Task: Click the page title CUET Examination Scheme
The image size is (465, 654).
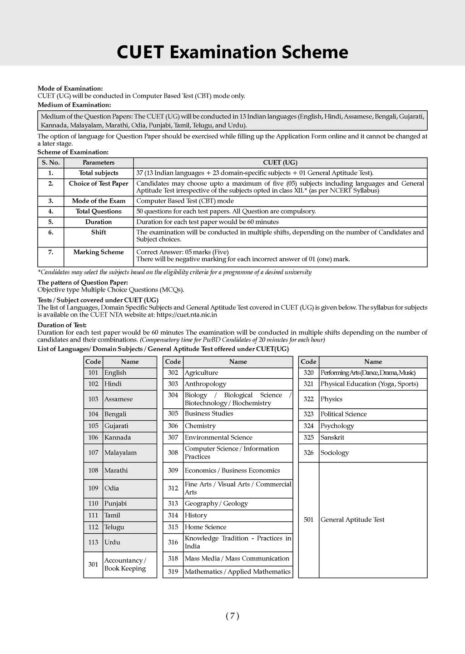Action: [232, 52]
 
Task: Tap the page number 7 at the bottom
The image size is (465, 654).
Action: [232, 616]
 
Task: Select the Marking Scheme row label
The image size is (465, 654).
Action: [99, 252]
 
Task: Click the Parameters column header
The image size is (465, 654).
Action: [99, 163]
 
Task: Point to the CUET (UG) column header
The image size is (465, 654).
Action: [280, 163]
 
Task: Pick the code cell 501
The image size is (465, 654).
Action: [309, 520]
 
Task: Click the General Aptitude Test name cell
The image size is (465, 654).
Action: [352, 520]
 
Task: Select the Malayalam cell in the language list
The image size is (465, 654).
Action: [120, 452]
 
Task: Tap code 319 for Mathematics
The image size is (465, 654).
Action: [173, 571]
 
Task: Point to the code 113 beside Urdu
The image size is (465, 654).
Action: [93, 542]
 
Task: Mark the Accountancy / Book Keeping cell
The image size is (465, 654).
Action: [125, 565]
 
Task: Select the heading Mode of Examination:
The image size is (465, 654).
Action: [70, 88]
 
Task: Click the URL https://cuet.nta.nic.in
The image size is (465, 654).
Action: [187, 314]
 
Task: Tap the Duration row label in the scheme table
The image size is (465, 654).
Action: [99, 222]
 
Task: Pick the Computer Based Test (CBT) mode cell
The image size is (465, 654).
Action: [185, 201]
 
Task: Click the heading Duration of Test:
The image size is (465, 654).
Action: [62, 325]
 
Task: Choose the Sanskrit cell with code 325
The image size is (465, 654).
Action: [332, 437]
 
